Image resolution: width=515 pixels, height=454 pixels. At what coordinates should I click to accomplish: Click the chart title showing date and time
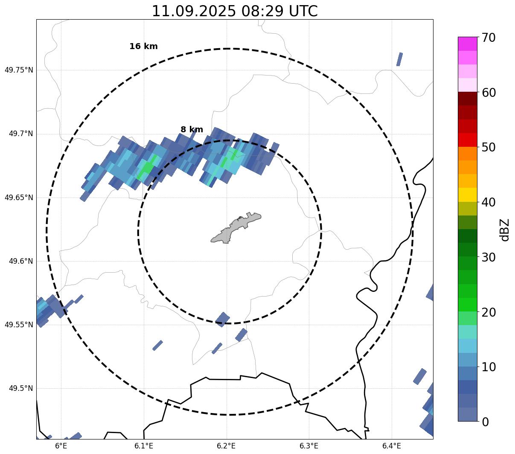click(x=235, y=11)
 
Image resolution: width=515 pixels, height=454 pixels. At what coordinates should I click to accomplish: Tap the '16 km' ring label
click(x=143, y=47)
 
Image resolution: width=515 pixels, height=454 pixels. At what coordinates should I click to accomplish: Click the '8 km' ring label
click(x=192, y=130)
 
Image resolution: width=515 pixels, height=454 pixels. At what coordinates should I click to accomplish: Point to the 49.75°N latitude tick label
click(x=19, y=70)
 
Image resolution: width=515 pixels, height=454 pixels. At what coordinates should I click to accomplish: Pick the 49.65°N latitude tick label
click(x=19, y=198)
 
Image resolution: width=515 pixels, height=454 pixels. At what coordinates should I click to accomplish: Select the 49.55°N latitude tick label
click(x=19, y=325)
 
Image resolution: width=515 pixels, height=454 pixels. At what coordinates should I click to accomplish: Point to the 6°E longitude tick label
click(x=61, y=446)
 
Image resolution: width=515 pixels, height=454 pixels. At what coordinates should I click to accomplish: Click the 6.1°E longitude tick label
click(x=144, y=446)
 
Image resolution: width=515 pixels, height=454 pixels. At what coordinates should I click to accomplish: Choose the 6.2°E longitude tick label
click(x=227, y=446)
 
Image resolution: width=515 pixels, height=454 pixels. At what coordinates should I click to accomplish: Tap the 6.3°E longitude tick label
click(x=309, y=446)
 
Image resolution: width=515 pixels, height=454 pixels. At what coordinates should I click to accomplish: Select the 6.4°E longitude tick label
click(x=392, y=446)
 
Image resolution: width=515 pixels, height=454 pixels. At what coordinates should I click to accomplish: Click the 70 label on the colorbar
click(x=489, y=38)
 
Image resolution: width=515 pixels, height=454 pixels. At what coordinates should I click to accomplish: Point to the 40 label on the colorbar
click(x=489, y=202)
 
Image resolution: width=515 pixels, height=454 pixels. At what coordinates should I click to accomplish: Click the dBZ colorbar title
click(x=505, y=230)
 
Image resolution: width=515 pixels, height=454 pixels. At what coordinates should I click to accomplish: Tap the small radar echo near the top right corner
click(x=399, y=59)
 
